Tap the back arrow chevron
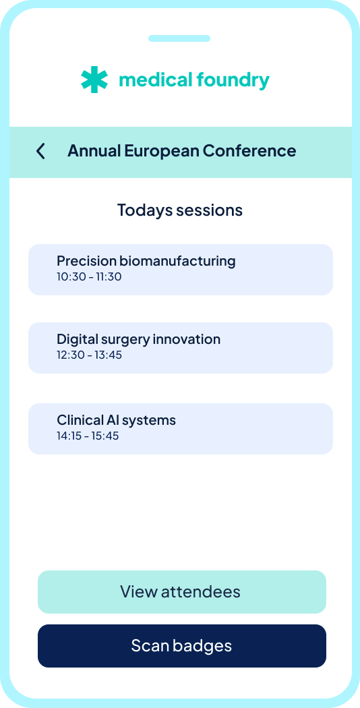pyautogui.click(x=40, y=151)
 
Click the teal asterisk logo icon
pyautogui.click(x=94, y=80)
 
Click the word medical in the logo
pyautogui.click(x=155, y=80)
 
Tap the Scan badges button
pyautogui.click(x=181, y=646)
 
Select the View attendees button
pyautogui.click(x=181, y=592)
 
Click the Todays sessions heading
pyautogui.click(x=180, y=210)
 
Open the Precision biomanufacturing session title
pyautogui.click(x=146, y=261)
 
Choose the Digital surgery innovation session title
pyautogui.click(x=139, y=339)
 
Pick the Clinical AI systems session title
pyautogui.click(x=116, y=420)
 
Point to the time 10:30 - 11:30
pyautogui.click(x=89, y=276)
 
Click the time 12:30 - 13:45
pyautogui.click(x=90, y=355)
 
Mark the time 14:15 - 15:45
pyautogui.click(x=88, y=436)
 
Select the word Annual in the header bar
pyautogui.click(x=94, y=151)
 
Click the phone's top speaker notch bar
pyautogui.click(x=179, y=38)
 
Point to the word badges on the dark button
pyautogui.click(x=206, y=646)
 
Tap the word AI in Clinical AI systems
pyautogui.click(x=113, y=420)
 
